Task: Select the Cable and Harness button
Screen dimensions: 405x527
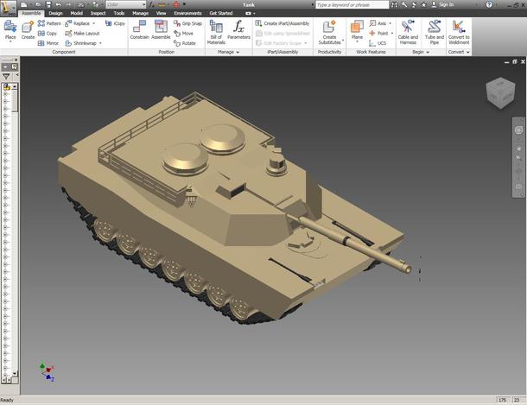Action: (408, 32)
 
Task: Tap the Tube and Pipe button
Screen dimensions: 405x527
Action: (435, 32)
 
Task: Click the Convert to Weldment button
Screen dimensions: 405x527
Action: (460, 32)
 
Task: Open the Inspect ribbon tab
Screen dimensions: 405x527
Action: (98, 14)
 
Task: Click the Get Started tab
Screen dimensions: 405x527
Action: (220, 14)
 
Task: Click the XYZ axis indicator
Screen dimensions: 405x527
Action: (47, 371)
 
